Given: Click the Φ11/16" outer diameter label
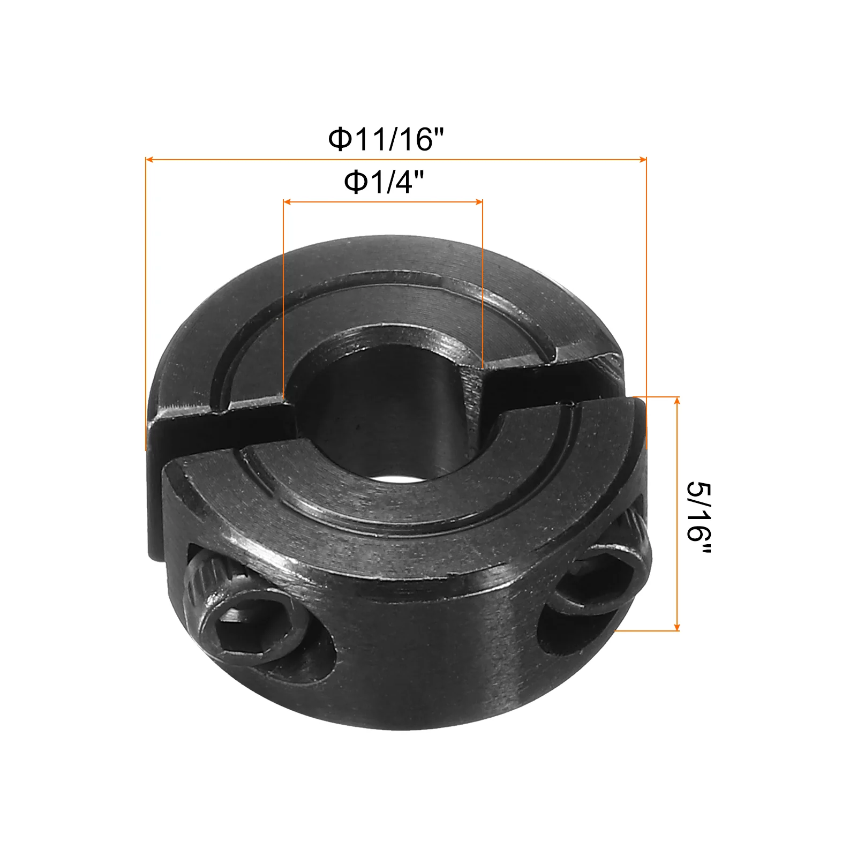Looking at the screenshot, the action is tap(386, 139).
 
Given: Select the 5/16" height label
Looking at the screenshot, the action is tap(699, 518).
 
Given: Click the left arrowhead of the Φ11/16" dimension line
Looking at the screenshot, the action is tap(150, 159).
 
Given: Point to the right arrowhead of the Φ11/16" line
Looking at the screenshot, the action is tap(642, 159).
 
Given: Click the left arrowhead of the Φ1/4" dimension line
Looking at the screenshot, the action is tap(287, 202).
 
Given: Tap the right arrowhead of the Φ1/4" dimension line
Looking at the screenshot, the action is tap(478, 202).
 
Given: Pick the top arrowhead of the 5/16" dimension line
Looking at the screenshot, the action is tap(677, 401).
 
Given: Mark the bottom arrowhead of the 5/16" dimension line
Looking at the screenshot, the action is tap(677, 626).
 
